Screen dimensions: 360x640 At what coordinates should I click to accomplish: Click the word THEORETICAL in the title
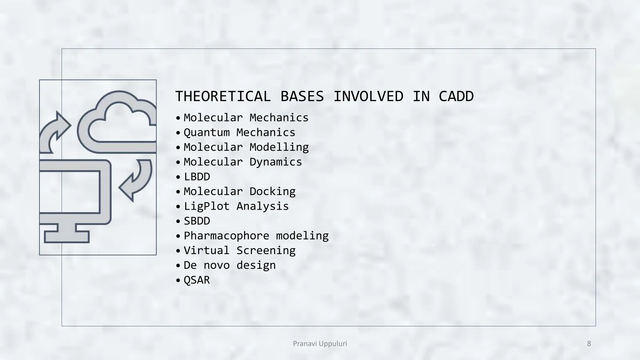tap(223, 96)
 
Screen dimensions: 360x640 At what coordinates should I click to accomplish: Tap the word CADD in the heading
tap(456, 96)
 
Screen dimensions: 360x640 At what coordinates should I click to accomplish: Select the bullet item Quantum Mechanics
tap(239, 132)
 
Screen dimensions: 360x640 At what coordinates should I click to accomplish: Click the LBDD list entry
tap(197, 177)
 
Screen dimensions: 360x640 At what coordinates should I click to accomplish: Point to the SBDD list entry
tap(197, 221)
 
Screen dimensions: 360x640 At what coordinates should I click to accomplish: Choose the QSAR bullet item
tap(197, 280)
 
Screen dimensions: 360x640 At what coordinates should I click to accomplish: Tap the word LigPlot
tap(207, 206)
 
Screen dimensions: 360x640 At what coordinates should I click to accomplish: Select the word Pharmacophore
tap(226, 236)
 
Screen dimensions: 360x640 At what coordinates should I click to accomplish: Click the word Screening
tap(266, 250)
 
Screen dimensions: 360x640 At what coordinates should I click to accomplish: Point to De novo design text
tap(230, 265)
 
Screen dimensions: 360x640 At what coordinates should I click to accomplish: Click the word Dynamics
tap(276, 162)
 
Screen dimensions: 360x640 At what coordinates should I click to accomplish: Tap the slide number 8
tap(589, 344)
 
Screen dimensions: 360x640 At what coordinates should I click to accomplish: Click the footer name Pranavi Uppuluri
tap(320, 344)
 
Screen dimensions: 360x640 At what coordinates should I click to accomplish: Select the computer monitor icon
tap(75, 192)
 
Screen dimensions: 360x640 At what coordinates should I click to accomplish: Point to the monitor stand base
tap(67, 237)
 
